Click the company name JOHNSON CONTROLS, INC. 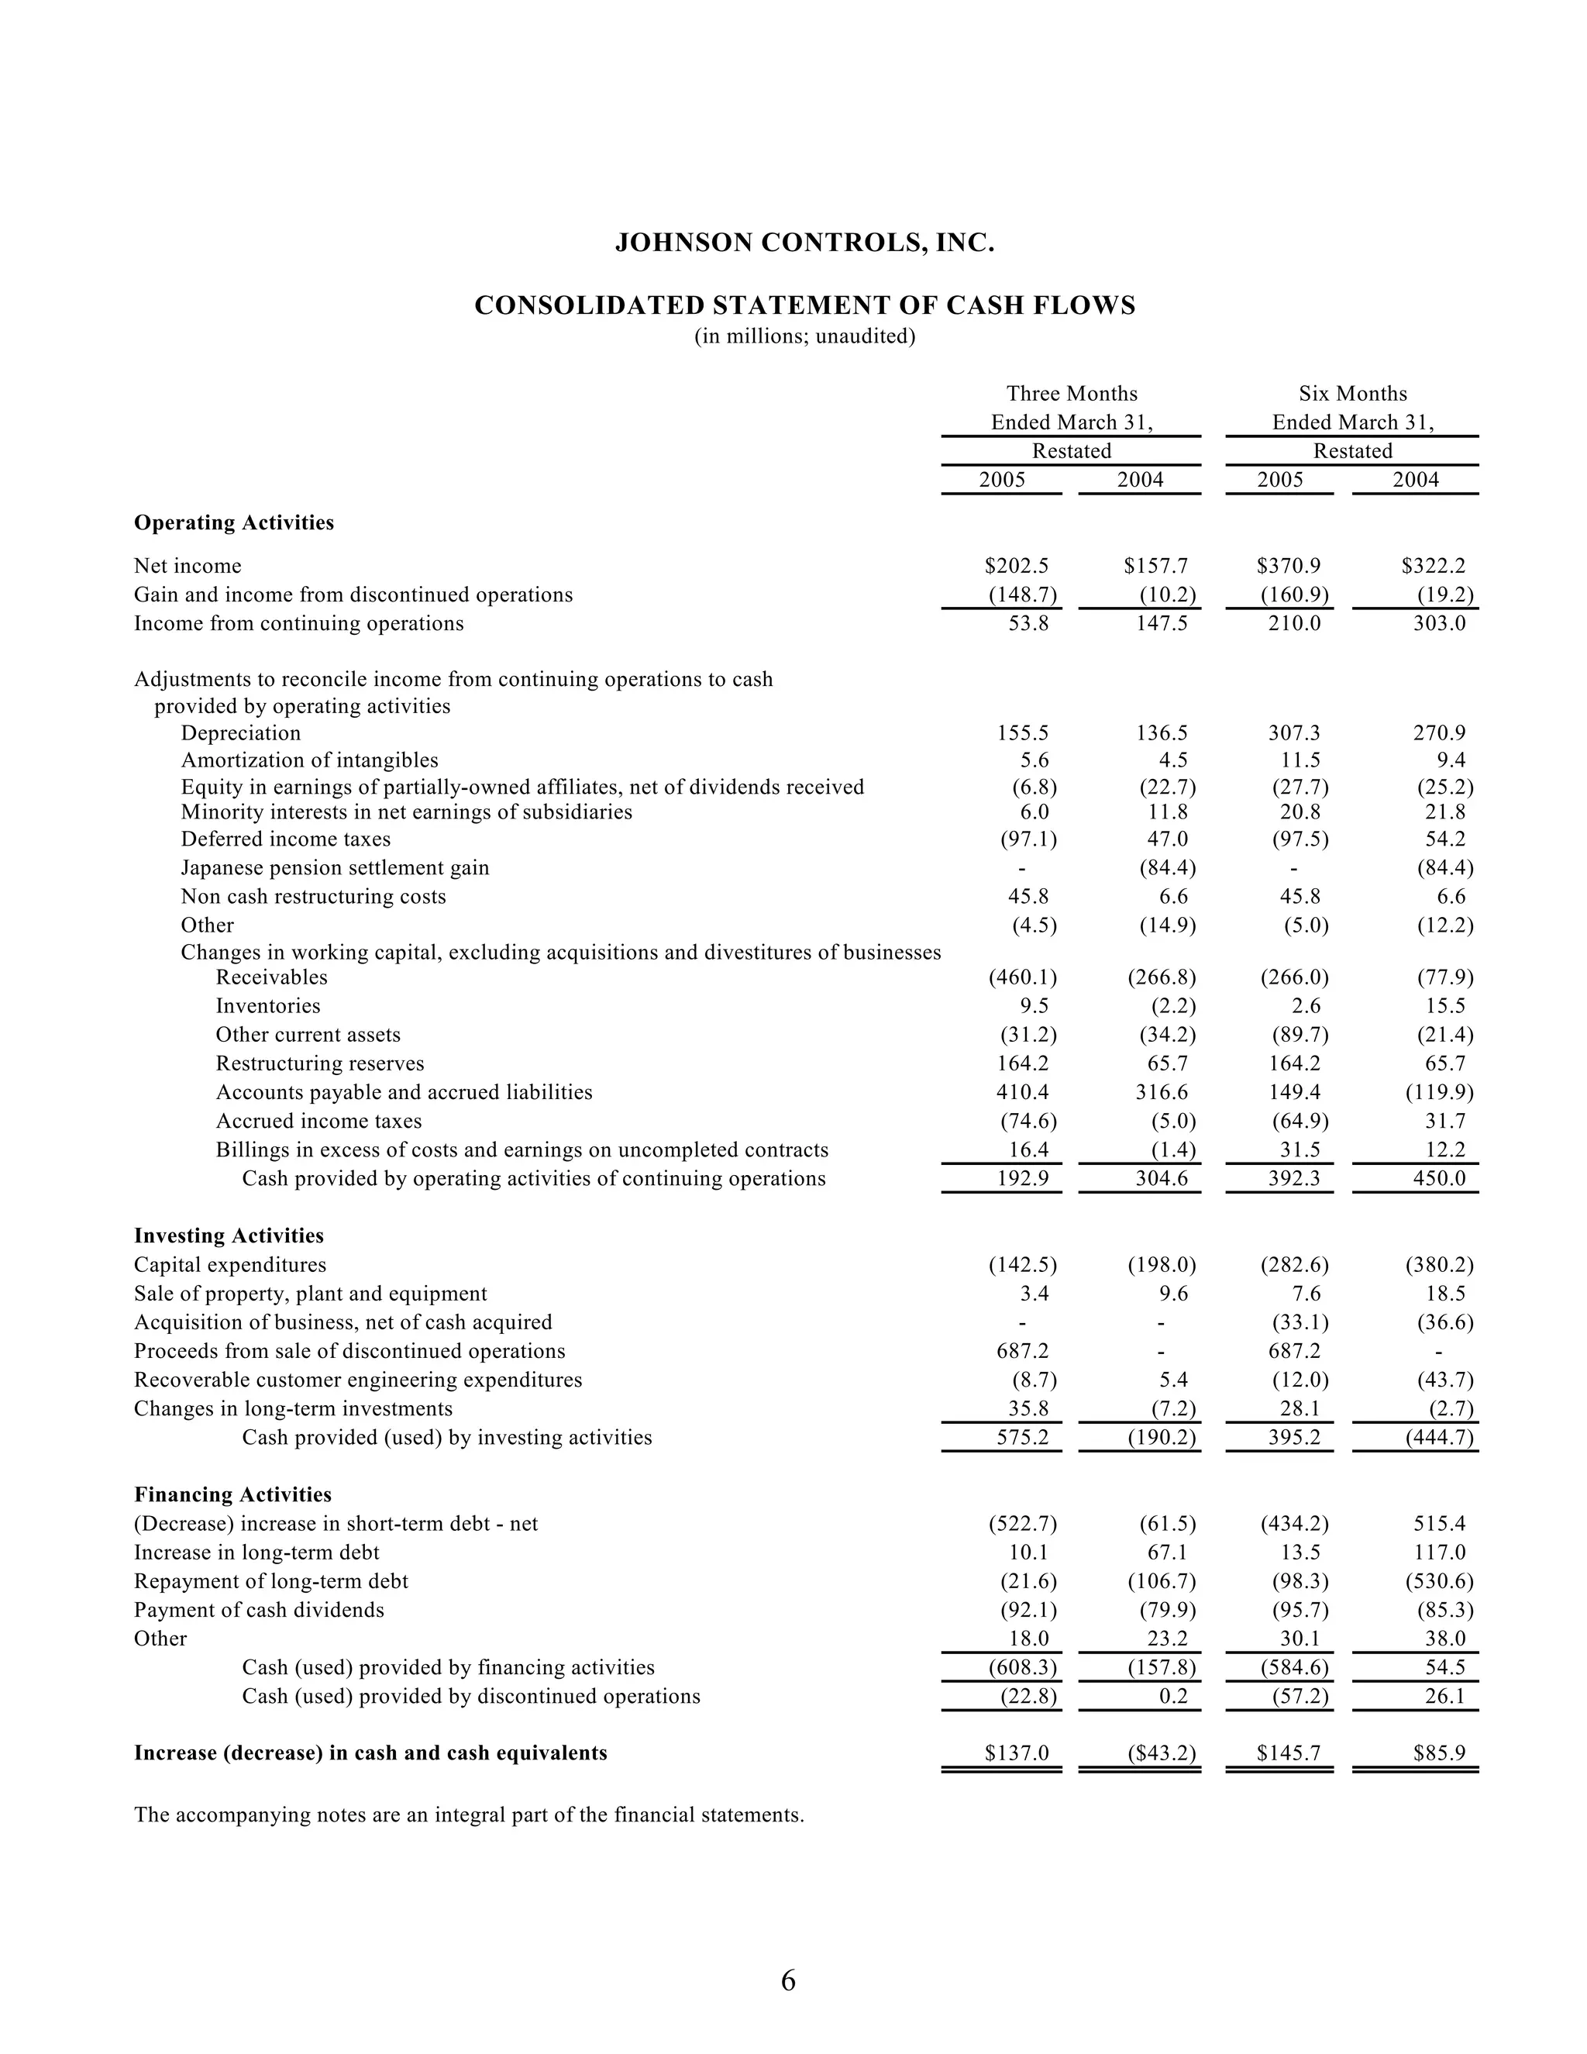click(x=805, y=243)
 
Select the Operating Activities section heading click(x=234, y=523)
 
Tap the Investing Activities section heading click(x=229, y=1236)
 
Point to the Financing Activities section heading click(x=232, y=1494)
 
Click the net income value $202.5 click(x=1017, y=566)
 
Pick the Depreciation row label click(x=241, y=732)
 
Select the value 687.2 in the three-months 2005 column click(x=1022, y=1352)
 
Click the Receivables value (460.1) click(x=1022, y=977)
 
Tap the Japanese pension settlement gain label click(x=335, y=867)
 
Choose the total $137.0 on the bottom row click(x=1017, y=1753)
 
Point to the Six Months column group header click(x=1352, y=394)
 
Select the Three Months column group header click(x=1072, y=394)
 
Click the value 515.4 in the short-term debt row click(x=1440, y=1524)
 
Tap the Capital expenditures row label click(x=230, y=1265)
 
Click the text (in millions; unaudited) click(x=805, y=336)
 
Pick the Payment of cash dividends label click(x=259, y=1610)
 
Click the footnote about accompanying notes click(x=469, y=1815)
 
